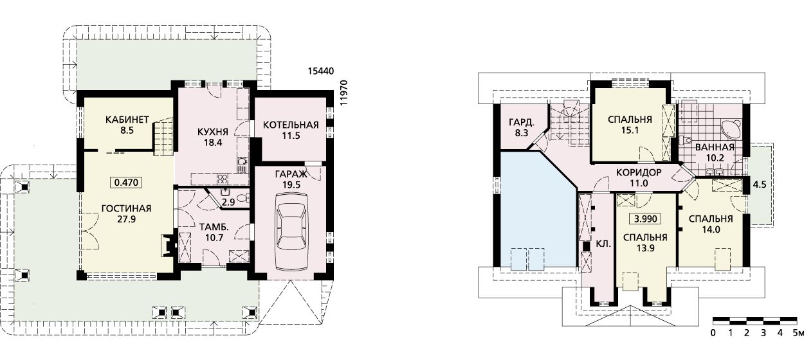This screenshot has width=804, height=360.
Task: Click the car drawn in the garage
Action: coord(291,232)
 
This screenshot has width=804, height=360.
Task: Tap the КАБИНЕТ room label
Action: coord(127,120)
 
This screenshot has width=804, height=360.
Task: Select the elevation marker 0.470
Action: coord(126,183)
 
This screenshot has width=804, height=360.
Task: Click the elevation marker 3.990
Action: coord(646,219)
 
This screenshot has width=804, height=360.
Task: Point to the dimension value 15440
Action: coord(321,71)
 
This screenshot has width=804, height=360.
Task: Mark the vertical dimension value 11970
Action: coord(344,93)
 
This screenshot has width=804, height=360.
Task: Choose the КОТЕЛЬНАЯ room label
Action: coord(291,125)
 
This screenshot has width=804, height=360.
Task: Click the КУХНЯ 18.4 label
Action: coord(213,137)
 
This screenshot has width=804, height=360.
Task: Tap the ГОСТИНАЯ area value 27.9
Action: coord(126,219)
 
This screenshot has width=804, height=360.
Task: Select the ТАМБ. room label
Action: coord(214,227)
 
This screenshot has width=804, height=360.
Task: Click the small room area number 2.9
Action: coord(228,203)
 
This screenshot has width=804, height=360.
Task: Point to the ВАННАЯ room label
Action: coord(715,147)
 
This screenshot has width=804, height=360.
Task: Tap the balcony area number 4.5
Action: coord(760,184)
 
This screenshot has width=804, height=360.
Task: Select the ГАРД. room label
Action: coord(522,123)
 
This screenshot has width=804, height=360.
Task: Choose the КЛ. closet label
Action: coord(603,244)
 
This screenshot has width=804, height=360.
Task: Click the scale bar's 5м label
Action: coord(798,333)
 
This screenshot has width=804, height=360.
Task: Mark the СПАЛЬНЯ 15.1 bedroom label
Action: coord(630,125)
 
